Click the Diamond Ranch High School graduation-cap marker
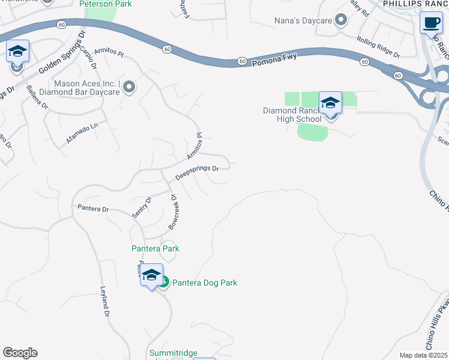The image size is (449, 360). [330, 103]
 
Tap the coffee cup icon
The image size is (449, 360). [431, 23]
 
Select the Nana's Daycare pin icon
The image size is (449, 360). [342, 21]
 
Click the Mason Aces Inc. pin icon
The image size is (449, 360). [128, 88]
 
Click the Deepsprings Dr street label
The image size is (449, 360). [196, 173]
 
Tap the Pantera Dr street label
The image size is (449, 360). [93, 209]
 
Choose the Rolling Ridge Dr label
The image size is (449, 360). [378, 47]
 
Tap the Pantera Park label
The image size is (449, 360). [155, 248]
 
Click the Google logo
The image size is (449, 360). [20, 353]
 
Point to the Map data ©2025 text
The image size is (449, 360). [423, 355]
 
